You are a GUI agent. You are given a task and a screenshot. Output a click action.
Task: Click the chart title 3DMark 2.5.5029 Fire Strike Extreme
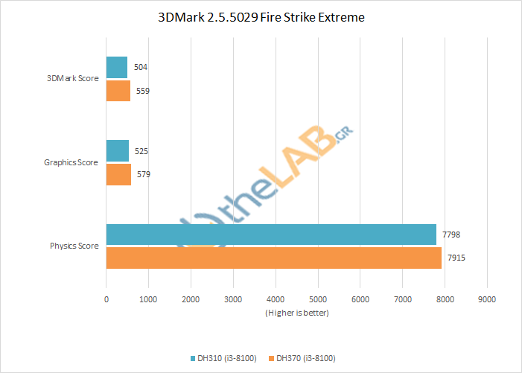click(261, 17)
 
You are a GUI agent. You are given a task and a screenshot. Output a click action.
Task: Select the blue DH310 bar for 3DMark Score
click(117, 67)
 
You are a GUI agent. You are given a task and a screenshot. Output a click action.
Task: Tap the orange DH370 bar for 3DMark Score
click(118, 91)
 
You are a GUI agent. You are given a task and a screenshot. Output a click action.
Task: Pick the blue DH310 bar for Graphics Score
click(118, 150)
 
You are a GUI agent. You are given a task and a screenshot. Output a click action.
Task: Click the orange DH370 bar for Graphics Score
click(118, 174)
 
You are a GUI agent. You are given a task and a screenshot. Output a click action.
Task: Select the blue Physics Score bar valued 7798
click(271, 235)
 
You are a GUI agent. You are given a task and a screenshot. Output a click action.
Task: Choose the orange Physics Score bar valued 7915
click(274, 258)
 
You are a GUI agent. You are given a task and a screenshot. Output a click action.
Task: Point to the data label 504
click(141, 67)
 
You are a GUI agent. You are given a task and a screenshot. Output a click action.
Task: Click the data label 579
click(144, 174)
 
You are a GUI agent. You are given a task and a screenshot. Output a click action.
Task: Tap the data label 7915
click(456, 258)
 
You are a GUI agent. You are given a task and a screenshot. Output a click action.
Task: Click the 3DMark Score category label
click(74, 79)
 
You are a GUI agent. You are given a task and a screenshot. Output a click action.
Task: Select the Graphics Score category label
click(71, 162)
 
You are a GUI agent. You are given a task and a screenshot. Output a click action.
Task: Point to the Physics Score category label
click(74, 246)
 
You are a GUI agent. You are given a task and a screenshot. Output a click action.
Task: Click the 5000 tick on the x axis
click(318, 299)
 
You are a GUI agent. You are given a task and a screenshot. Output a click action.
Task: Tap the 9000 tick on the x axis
click(488, 299)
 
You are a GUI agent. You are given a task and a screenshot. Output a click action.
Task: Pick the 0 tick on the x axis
click(106, 299)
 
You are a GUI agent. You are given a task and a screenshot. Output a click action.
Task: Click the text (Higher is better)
click(296, 313)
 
